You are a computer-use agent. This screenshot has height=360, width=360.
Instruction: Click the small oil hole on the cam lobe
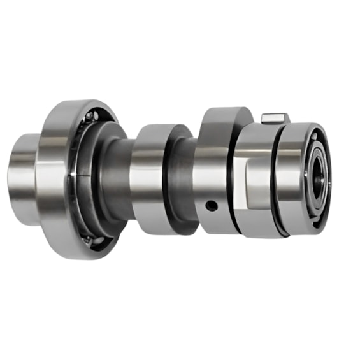click(210, 205)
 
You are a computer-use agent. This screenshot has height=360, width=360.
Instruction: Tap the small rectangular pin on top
click(275, 118)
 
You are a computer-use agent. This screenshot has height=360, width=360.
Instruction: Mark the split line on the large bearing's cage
click(75, 173)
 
